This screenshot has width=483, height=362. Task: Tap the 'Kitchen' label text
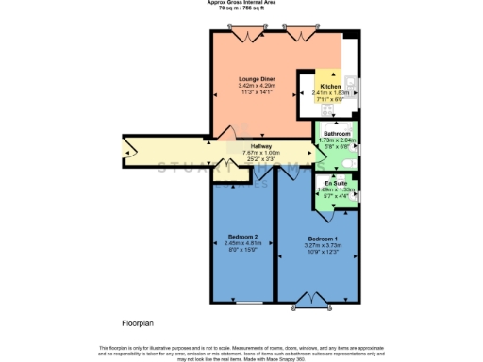coord(330,86)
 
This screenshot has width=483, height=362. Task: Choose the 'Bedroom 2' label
coord(242,236)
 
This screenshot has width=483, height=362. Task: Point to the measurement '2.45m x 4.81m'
coord(242,243)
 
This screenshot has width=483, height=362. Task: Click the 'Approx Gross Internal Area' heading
coord(241,3)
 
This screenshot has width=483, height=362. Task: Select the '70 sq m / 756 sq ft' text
coord(241,8)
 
